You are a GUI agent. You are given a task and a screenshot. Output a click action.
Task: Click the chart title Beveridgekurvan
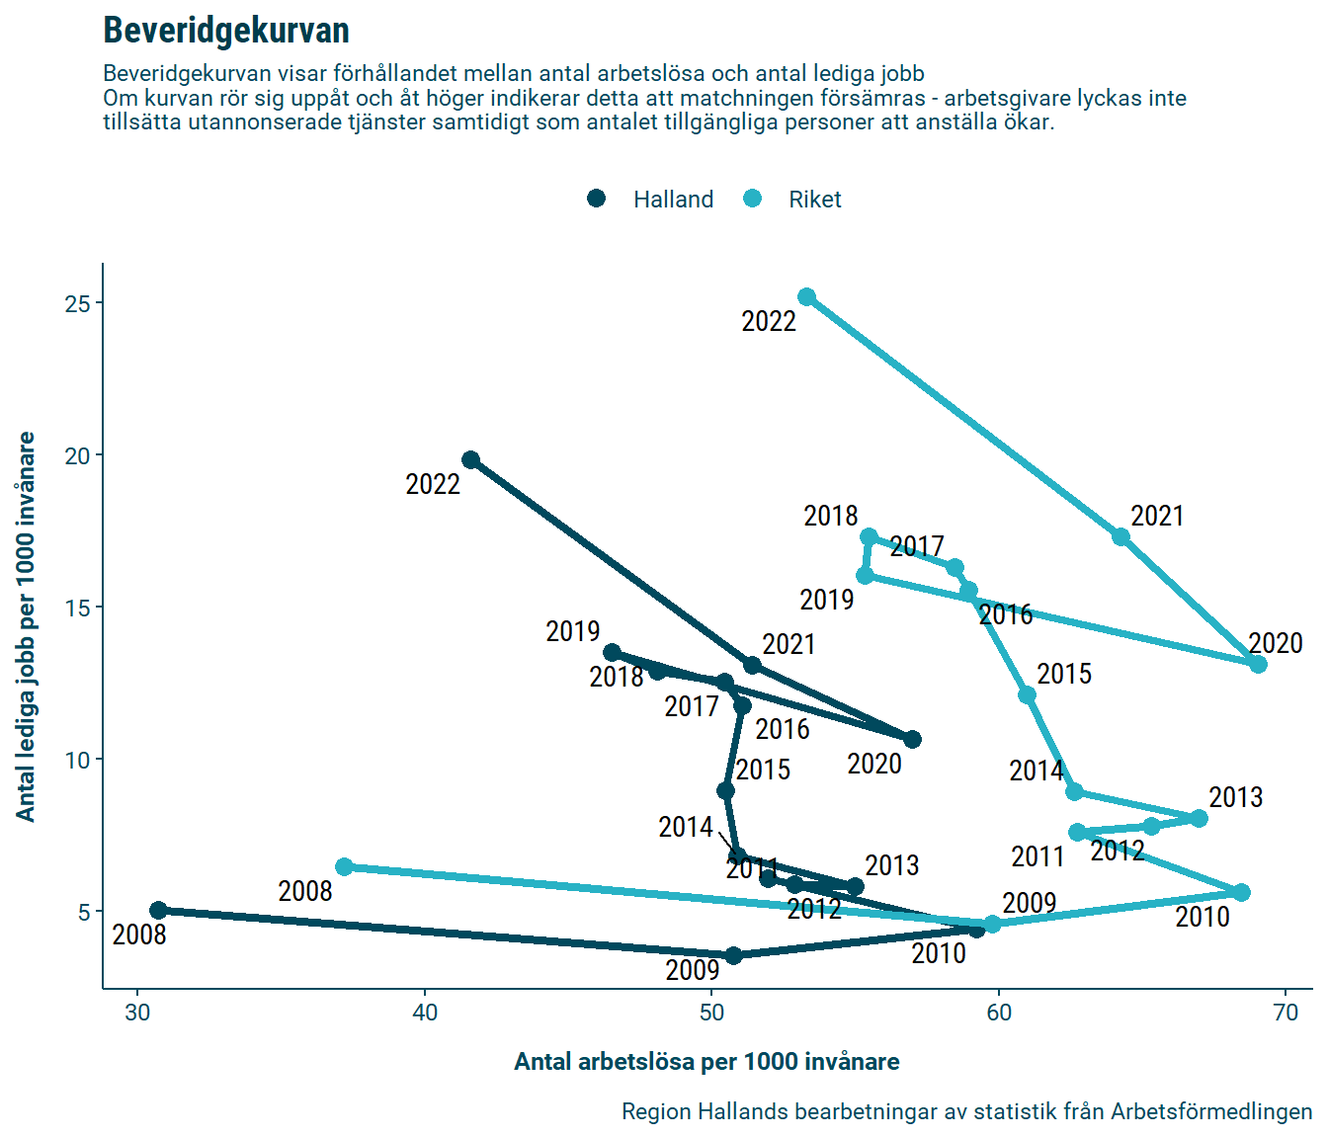[x=226, y=31]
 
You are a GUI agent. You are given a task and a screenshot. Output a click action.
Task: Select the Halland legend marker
[x=596, y=199]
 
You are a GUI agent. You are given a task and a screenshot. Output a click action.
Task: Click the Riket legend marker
[x=753, y=199]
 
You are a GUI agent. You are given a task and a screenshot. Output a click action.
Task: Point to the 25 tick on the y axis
[x=78, y=303]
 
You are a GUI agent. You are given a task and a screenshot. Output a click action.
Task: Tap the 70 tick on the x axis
[x=1286, y=1013]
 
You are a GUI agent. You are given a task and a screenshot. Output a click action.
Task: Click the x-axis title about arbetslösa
[x=706, y=1062]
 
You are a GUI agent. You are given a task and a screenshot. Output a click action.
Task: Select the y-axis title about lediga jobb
[x=26, y=626]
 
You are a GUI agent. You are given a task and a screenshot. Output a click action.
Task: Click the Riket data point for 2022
[x=807, y=297]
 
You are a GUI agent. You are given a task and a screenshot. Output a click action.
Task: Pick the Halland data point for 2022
[x=471, y=460]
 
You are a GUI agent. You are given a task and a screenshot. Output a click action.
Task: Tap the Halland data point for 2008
[x=158, y=910]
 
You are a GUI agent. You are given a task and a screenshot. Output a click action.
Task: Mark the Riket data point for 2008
[x=344, y=866]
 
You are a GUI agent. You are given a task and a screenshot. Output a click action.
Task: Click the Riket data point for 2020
[x=1258, y=665]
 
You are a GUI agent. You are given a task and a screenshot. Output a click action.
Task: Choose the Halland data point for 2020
[x=913, y=740]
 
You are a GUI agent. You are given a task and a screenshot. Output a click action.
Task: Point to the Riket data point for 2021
[x=1121, y=536]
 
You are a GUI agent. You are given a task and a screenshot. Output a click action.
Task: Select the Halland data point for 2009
[x=734, y=955]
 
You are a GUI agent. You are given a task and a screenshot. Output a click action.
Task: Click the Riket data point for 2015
[x=1028, y=695]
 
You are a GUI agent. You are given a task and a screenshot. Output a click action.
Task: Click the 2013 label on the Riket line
[x=1235, y=797]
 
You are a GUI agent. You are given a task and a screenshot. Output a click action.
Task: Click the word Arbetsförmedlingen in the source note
[x=1211, y=1111]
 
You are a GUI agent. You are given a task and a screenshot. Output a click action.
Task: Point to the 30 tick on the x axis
[x=137, y=1013]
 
